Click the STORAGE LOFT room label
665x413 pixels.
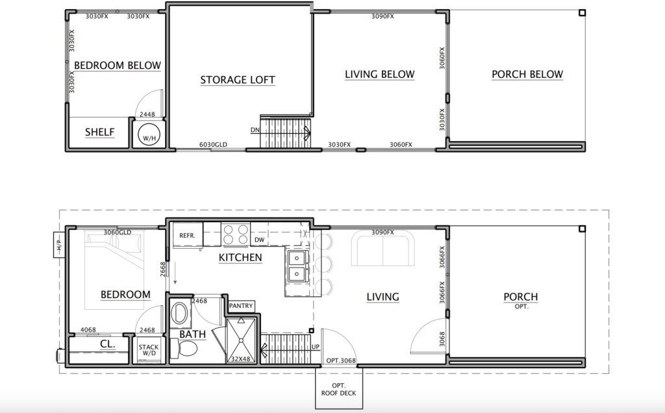pyautogui.click(x=238, y=80)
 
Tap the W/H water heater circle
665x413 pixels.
pyautogui.click(x=149, y=134)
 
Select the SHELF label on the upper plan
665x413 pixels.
pyautogui.click(x=99, y=132)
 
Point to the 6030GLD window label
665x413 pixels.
pyautogui.click(x=213, y=145)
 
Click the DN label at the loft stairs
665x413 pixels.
pyautogui.click(x=255, y=130)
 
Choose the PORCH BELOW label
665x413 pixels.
pyautogui.click(x=527, y=74)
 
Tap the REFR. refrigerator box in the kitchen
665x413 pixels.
pyautogui.click(x=188, y=234)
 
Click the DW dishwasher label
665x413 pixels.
pyautogui.click(x=260, y=240)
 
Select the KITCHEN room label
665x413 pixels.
pyautogui.click(x=240, y=257)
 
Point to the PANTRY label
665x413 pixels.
pyautogui.click(x=241, y=306)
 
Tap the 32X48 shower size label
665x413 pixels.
pyautogui.click(x=240, y=358)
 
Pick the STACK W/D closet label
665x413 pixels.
pyautogui.click(x=149, y=350)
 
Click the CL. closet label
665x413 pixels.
pyautogui.click(x=107, y=344)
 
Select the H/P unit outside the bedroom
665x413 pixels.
pyautogui.click(x=59, y=245)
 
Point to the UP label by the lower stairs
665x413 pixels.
pyautogui.click(x=316, y=347)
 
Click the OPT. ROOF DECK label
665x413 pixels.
pyautogui.click(x=338, y=389)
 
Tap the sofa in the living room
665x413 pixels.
pyautogui.click(x=383, y=249)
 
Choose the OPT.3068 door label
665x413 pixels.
pyautogui.click(x=341, y=361)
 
